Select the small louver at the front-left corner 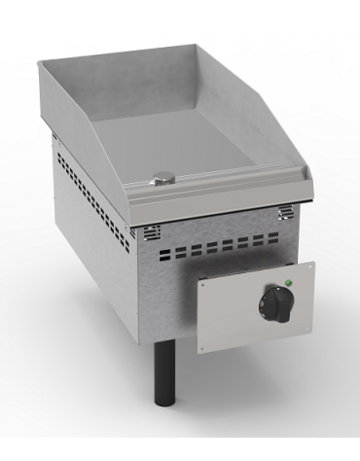coord(154,232)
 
